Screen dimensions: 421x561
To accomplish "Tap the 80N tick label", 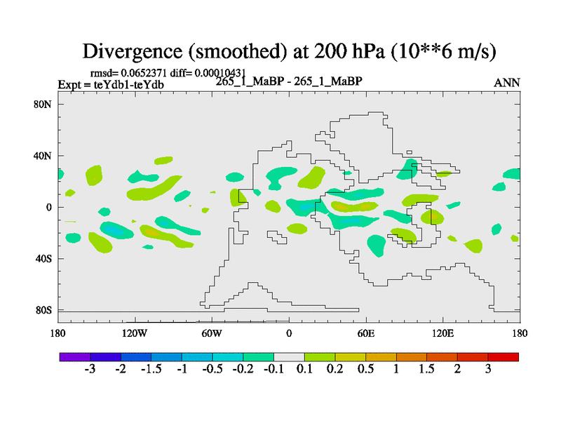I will [x=46, y=105].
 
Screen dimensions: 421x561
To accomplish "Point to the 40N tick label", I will [x=46, y=156].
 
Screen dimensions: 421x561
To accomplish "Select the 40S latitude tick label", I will [x=46, y=259].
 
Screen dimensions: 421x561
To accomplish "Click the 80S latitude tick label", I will [x=46, y=310].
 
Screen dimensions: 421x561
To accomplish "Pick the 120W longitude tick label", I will [x=135, y=333].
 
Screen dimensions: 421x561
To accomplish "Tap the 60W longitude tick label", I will [x=212, y=333].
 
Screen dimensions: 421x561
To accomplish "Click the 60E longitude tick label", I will [x=366, y=333].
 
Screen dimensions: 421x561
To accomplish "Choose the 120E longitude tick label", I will [x=443, y=333].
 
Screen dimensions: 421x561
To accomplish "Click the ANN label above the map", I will [x=507, y=83].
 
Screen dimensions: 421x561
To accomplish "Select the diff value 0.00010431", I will [x=220, y=73].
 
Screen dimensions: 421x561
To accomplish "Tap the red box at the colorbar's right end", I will [x=503, y=357].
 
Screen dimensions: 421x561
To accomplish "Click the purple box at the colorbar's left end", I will [x=74, y=357].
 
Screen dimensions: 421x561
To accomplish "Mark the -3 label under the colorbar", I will [x=89, y=370].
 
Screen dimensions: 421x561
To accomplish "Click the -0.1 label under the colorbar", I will [x=273, y=370].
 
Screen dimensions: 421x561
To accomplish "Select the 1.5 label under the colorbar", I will [x=426, y=370].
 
